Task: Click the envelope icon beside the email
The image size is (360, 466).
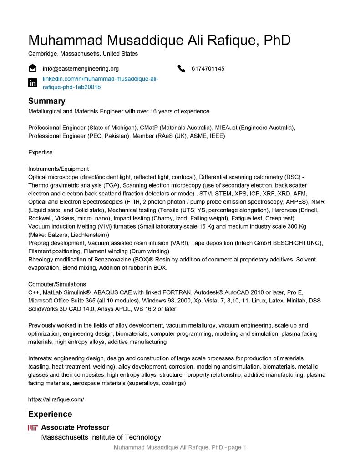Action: point(33,68)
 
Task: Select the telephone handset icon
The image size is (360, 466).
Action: point(182,69)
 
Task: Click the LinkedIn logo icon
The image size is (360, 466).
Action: point(33,83)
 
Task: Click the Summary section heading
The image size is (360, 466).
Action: point(46,101)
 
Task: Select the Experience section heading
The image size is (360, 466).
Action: point(50,414)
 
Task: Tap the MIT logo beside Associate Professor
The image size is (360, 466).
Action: point(33,428)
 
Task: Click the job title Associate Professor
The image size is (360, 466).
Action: point(75,427)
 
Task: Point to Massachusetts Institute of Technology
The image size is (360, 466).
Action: point(101,437)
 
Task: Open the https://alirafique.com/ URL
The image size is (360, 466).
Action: point(56,399)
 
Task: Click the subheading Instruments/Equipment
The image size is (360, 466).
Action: point(58,169)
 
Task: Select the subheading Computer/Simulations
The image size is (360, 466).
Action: point(57,284)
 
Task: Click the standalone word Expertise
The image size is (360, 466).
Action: point(41,152)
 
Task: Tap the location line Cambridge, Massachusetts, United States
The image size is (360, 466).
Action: point(83,54)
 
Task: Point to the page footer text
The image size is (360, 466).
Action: point(180,448)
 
